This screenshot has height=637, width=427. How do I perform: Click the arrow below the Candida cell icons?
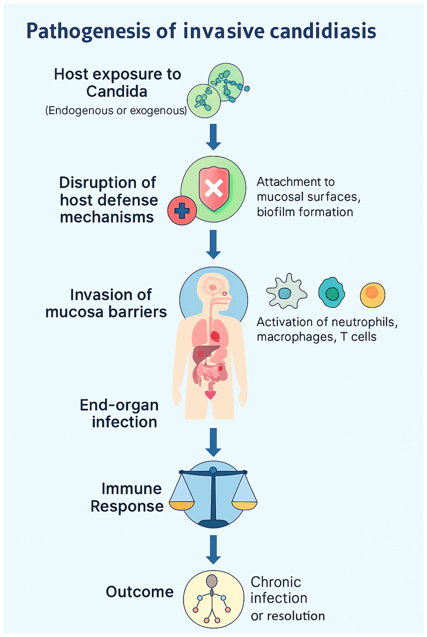213,137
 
